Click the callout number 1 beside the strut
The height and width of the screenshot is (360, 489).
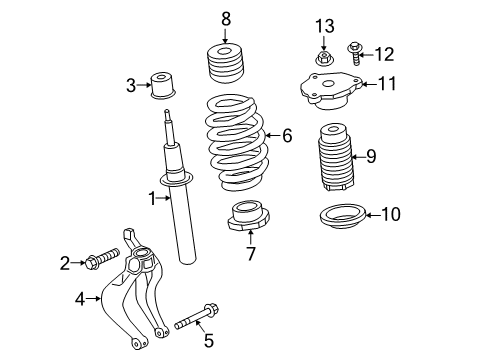(x=153, y=199)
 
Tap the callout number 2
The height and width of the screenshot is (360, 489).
(x=64, y=264)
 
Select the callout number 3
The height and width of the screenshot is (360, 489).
(x=131, y=86)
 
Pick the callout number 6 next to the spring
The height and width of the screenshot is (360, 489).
(x=287, y=136)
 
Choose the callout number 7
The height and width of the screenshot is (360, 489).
(x=250, y=254)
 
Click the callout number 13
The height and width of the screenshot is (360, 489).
(x=324, y=25)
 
